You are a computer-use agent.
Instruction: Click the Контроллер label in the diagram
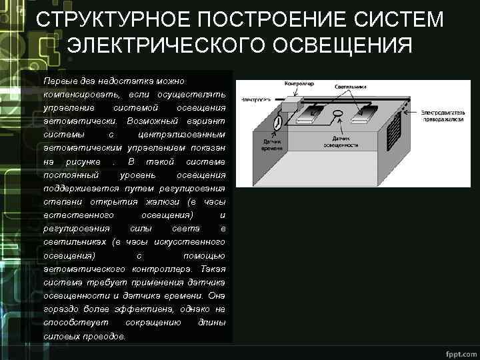pos(299,84)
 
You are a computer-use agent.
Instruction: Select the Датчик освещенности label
pos(341,141)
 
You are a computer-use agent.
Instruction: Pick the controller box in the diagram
pos(291,105)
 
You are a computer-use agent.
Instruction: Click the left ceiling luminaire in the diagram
pos(311,117)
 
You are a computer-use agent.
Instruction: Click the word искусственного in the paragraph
pos(193,241)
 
